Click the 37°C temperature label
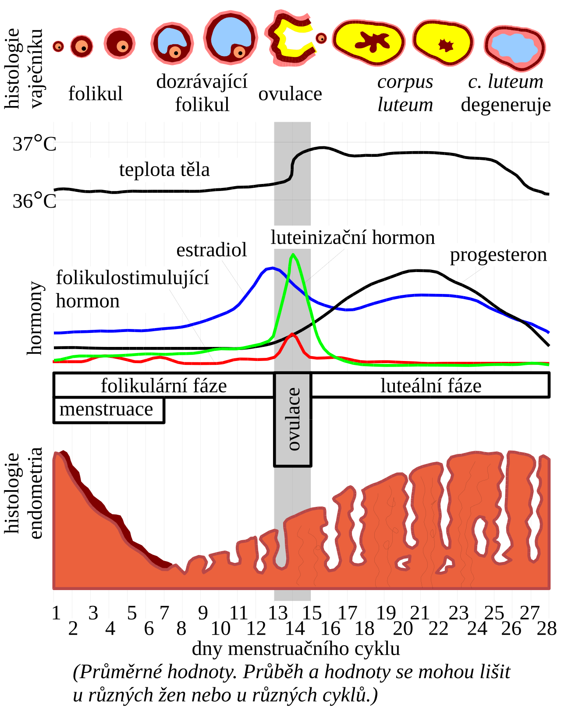35,144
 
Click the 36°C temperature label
35,201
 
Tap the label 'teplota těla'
164,170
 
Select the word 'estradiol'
211,250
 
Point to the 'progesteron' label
498,255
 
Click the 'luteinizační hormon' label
352,237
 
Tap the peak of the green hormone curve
293,254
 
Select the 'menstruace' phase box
109,410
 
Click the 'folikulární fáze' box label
164,385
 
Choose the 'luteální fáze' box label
431,385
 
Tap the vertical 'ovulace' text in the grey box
294,419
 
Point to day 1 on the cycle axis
56,613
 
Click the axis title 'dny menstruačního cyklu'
296,649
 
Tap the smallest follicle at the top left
58,46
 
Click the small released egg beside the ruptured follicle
321,38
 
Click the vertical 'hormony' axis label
34,318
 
